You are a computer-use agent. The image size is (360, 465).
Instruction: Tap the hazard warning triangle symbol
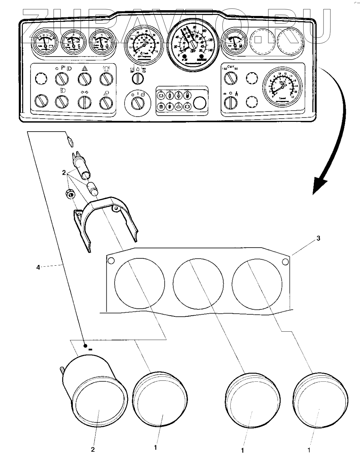pos(84,69)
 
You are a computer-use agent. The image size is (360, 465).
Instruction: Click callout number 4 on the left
pos(39,267)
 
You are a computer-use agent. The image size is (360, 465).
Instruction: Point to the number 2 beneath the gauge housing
pos(93,449)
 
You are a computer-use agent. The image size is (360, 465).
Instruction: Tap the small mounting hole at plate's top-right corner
pos(285,261)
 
